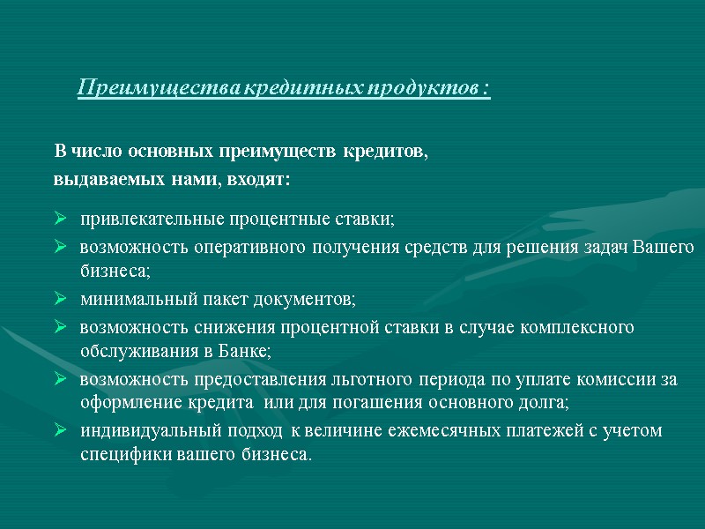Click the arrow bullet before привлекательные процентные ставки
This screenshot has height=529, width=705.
61,218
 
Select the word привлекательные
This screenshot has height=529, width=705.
151,218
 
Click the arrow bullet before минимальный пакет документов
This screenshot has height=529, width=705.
61,300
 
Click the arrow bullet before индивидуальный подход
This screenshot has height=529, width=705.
61,431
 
